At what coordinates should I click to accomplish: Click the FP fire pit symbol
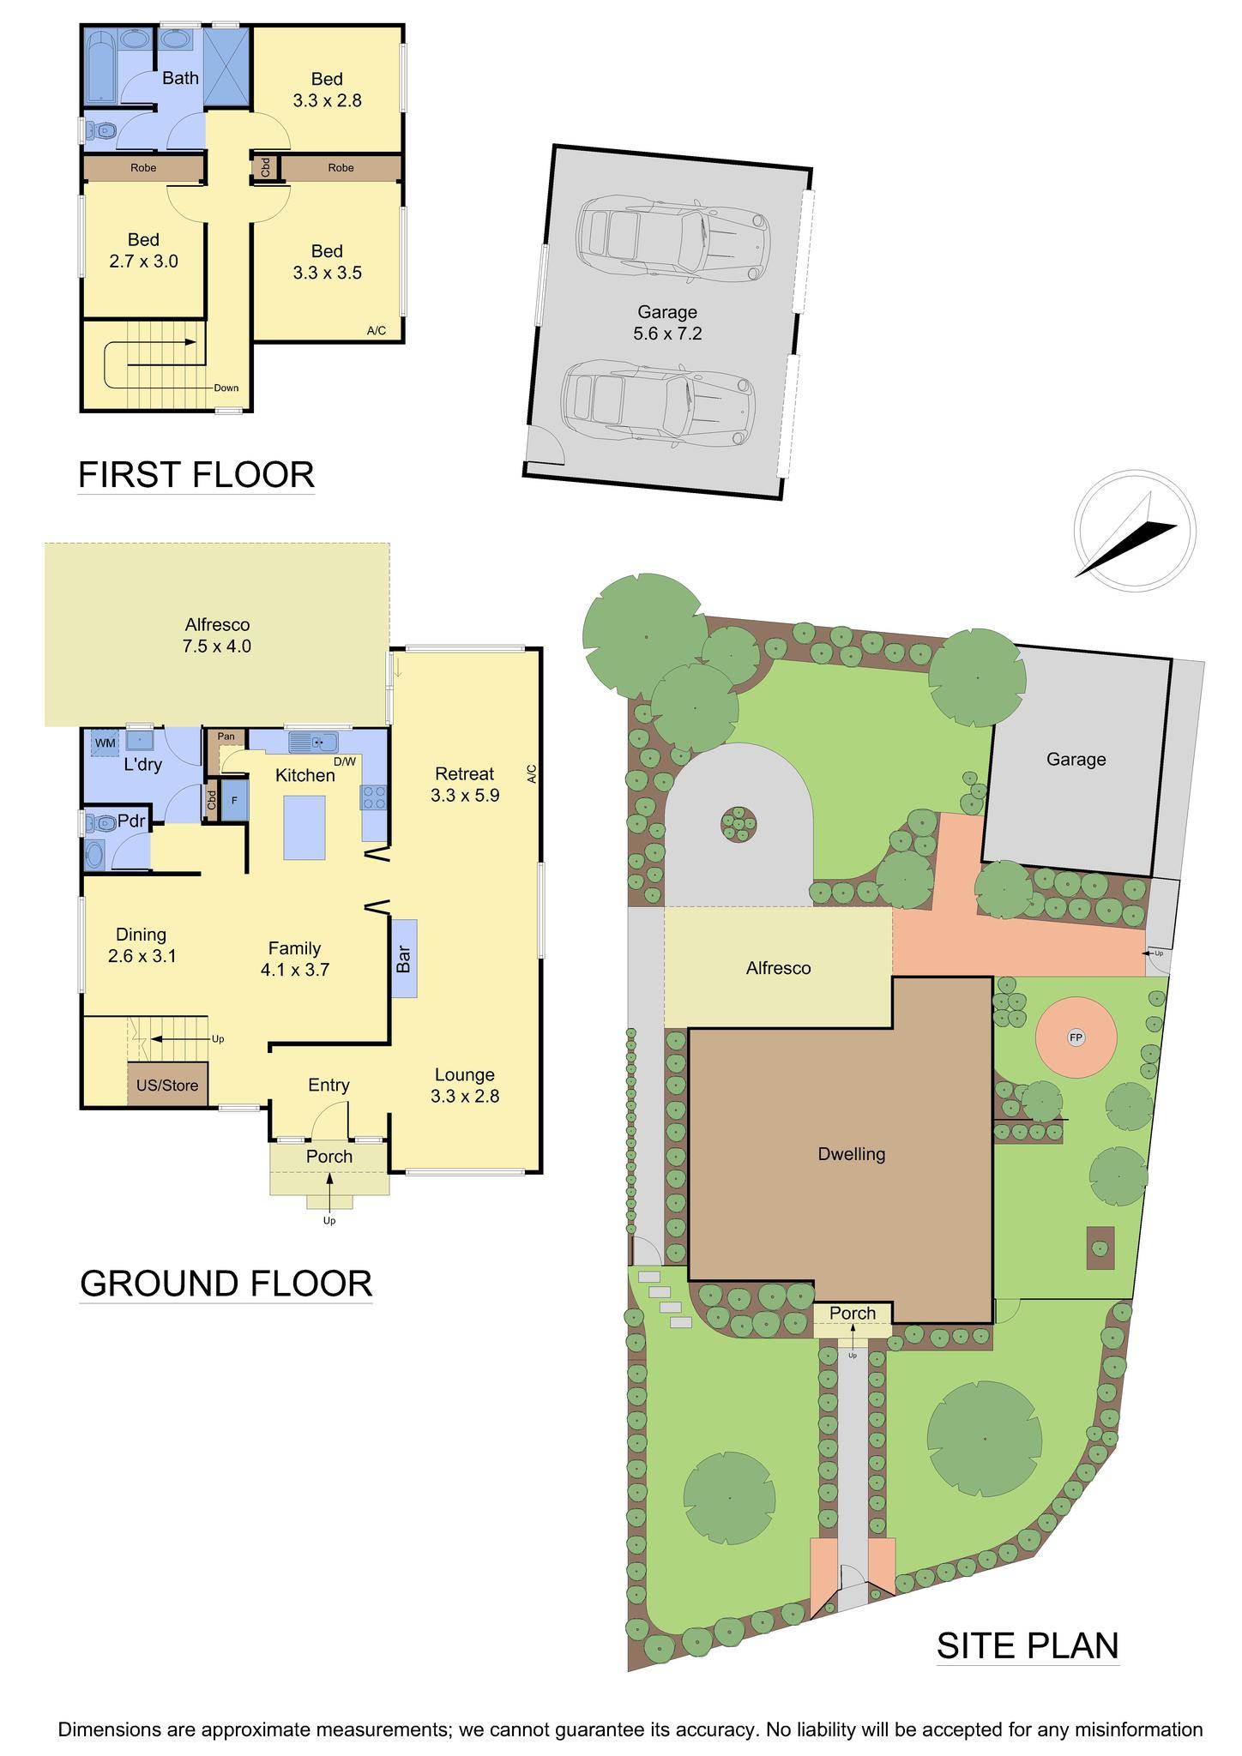coord(1076,1038)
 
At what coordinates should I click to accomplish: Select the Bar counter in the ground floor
coord(404,958)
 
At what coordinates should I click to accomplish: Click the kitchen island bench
coord(304,827)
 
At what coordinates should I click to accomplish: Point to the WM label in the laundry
coord(105,743)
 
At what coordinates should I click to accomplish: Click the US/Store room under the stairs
coord(168,1085)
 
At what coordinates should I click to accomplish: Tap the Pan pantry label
coord(226,737)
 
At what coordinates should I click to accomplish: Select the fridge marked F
coord(233,800)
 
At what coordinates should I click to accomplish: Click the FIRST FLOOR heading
coord(196,474)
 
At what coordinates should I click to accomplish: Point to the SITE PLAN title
coord(1027,1645)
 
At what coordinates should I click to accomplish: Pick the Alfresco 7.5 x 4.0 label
coord(216,635)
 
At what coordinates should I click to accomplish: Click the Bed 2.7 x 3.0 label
coord(143,250)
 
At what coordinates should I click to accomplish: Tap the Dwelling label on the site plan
coord(851,1154)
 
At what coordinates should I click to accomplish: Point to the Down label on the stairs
coord(226,388)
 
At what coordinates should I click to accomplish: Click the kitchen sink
coord(314,742)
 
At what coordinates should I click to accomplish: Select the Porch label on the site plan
coord(853,1314)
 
